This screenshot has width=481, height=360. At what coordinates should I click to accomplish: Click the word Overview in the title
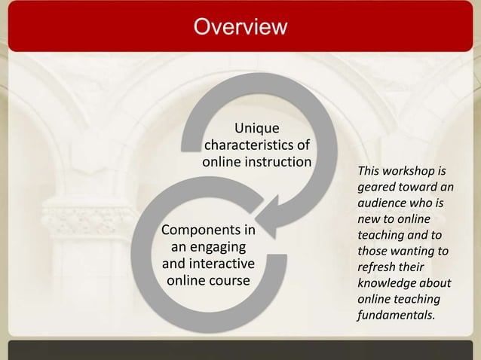pos(240,27)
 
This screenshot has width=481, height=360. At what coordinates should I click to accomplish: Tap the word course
pos(229,281)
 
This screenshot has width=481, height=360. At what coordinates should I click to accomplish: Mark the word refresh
pos(377,267)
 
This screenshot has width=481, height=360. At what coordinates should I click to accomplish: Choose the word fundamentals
pos(395,315)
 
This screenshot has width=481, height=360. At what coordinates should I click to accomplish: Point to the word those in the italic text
pos(372,251)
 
